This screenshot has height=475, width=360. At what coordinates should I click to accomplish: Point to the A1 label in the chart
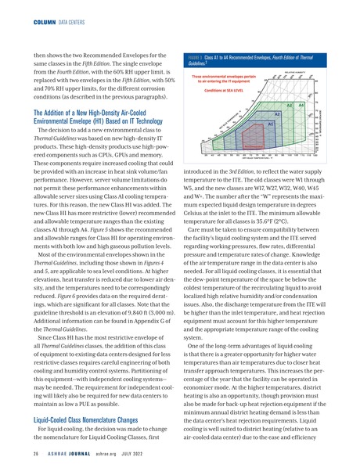point(270,124)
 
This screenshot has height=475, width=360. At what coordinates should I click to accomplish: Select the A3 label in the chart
point(290,106)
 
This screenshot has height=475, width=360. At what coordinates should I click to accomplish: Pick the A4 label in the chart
point(302,106)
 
